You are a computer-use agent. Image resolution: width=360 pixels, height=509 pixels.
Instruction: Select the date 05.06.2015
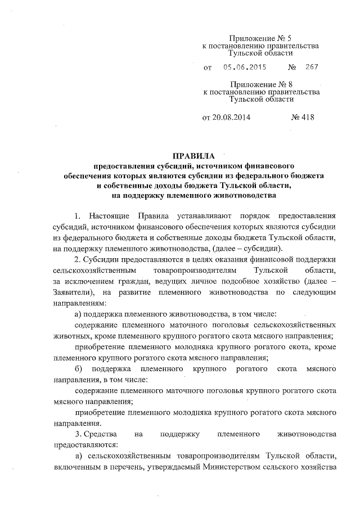245,67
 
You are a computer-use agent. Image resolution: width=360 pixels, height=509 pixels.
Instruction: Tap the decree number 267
311,67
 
